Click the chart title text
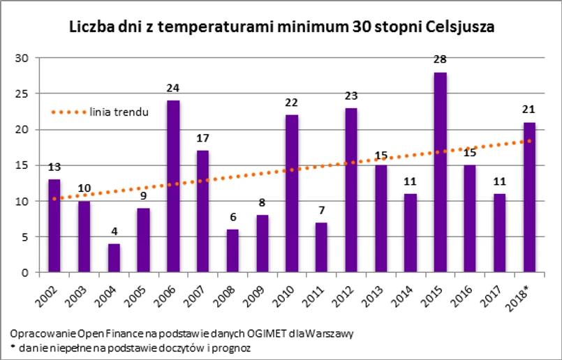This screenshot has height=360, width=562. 281,29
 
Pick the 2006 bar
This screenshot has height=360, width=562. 173,186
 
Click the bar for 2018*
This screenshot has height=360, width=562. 530,197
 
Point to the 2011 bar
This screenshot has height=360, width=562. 321,248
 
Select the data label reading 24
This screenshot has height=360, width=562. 173,89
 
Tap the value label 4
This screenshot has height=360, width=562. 113,232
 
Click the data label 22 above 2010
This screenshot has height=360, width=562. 292,103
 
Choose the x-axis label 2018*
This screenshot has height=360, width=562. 525,297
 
